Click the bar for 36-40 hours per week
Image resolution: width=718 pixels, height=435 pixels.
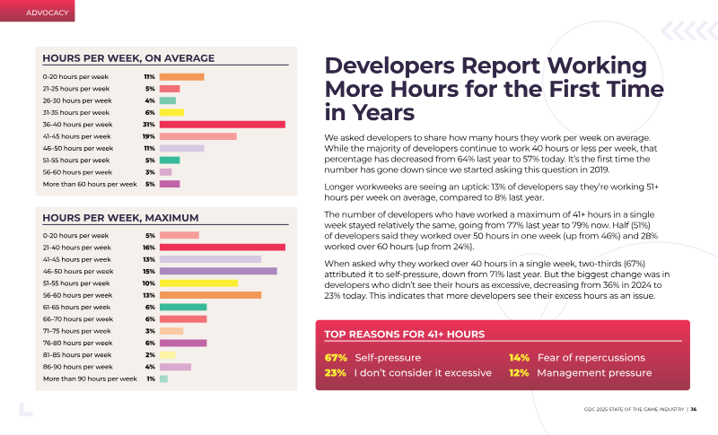coord(223,125)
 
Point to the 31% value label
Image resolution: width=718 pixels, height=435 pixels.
coord(149,125)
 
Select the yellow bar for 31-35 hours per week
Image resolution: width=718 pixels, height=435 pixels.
coord(171,112)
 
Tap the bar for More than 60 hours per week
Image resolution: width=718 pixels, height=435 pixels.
coord(170,184)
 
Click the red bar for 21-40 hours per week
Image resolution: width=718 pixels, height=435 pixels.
coord(223,248)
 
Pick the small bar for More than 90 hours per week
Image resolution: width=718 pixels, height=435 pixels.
coord(163,378)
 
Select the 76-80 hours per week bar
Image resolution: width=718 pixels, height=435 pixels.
coord(183,343)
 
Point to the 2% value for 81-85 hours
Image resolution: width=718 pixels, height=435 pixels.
coord(150,355)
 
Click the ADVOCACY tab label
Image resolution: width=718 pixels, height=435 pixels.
coord(48,13)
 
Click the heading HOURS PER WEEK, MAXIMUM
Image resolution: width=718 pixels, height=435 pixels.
coord(120,218)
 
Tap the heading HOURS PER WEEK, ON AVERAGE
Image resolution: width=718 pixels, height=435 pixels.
coord(128,58)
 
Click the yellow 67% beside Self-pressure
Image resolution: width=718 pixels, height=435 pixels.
coord(336,358)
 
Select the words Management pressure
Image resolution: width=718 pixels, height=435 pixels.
coord(594,373)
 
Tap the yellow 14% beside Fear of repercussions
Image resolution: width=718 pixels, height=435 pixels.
coord(520,358)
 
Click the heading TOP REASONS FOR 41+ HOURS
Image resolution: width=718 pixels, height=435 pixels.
coord(405,335)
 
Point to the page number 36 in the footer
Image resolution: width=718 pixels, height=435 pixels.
coord(694,409)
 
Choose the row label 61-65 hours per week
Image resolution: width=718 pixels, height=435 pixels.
coord(76,308)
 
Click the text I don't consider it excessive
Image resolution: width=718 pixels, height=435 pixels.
coord(423,373)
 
